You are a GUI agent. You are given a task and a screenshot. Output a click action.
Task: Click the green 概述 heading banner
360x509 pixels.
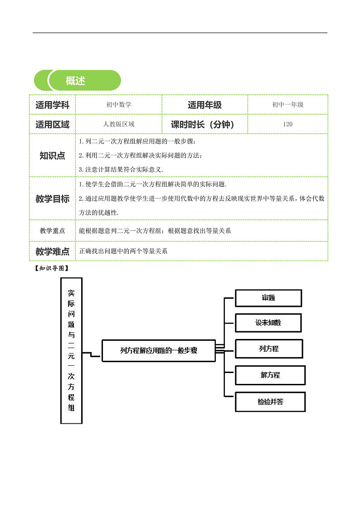pyautogui.click(x=78, y=81)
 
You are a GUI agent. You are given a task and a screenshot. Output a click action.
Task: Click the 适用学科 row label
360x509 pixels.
pyautogui.click(x=52, y=105)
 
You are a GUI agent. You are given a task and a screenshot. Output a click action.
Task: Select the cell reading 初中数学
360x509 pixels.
pyautogui.click(x=119, y=105)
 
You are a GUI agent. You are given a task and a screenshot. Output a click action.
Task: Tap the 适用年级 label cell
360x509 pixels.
pyautogui.click(x=204, y=105)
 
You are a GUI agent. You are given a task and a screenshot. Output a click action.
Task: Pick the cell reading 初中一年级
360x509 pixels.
pyautogui.click(x=287, y=105)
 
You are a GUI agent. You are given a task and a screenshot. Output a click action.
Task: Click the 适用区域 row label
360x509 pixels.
pyautogui.click(x=52, y=124)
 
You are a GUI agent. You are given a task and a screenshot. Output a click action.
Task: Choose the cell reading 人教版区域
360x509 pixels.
pyautogui.click(x=119, y=124)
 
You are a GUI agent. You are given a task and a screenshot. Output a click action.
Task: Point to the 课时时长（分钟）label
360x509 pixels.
pyautogui.click(x=204, y=124)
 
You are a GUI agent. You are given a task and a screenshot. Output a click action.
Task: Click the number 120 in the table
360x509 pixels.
pyautogui.click(x=287, y=124)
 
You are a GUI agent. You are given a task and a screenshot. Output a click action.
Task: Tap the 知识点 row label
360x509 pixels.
pyautogui.click(x=52, y=155)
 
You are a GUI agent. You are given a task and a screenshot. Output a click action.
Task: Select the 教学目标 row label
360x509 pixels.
pyautogui.click(x=52, y=199)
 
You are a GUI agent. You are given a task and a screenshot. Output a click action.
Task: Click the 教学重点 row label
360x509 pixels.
pyautogui.click(x=52, y=231)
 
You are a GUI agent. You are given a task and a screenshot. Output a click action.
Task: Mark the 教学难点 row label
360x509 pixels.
pyautogui.click(x=52, y=251)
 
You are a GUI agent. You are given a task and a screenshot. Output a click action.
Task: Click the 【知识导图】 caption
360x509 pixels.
pyautogui.click(x=51, y=268)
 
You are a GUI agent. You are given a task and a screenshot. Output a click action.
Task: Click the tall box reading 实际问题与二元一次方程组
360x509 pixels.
pyautogui.click(x=71, y=350)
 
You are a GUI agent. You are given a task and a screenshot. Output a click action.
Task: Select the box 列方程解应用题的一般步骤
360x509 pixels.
pyautogui.click(x=159, y=350)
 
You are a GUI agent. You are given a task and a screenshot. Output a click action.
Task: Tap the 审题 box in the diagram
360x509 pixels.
pyautogui.click(x=268, y=298)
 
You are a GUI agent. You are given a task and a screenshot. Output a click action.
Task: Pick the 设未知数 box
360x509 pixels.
pyautogui.click(x=268, y=323)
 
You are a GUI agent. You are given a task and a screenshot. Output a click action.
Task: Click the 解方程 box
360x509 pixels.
pyautogui.click(x=270, y=375)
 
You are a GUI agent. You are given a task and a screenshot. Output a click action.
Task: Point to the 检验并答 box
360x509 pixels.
pyautogui.click(x=270, y=402)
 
